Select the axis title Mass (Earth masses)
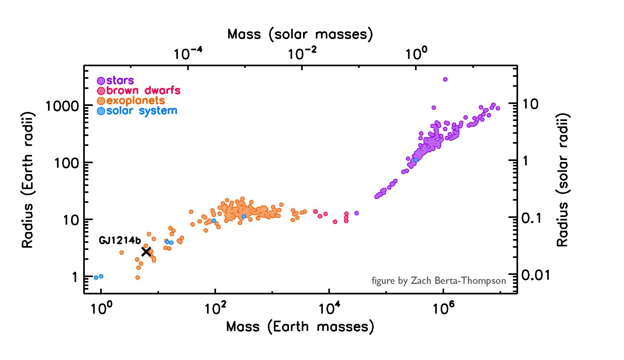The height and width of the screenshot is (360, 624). click(x=300, y=327)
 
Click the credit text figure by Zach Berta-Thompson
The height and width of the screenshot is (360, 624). click(x=439, y=281)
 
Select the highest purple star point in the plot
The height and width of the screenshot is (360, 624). click(x=445, y=79)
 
